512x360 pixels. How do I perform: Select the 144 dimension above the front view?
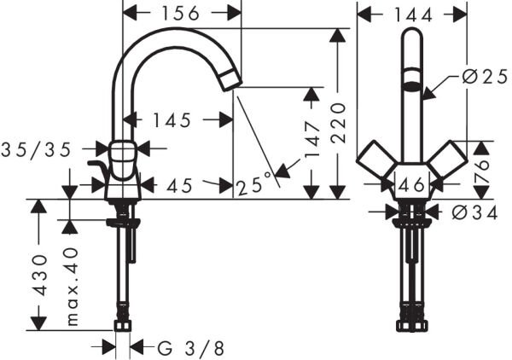coord(413,13)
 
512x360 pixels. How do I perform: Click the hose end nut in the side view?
coord(123,325)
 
